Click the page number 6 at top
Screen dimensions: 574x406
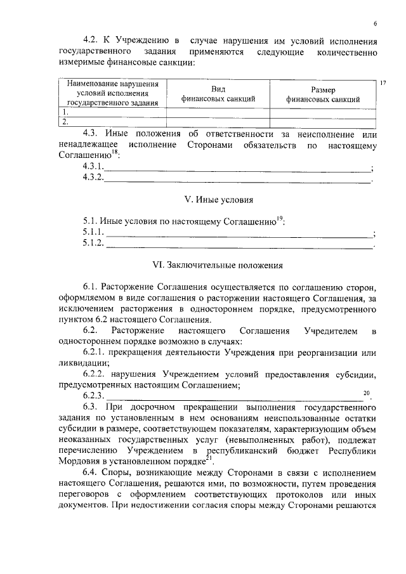click(x=375, y=24)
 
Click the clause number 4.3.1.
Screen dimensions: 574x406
click(x=93, y=166)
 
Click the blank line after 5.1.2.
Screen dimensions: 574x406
click(x=240, y=245)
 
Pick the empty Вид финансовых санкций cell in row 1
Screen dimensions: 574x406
click(x=218, y=112)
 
